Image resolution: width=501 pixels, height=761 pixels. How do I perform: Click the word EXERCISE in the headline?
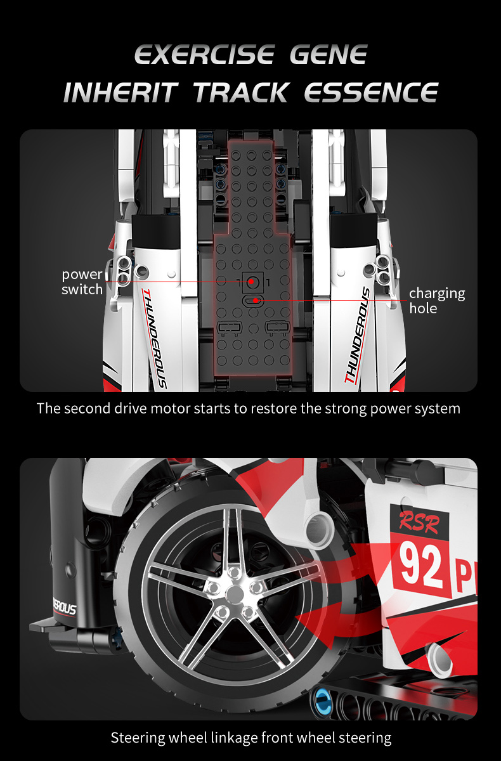point(204,55)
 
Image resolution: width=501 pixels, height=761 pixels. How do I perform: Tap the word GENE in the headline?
point(329,55)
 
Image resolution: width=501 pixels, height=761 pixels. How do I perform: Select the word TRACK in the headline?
point(242,92)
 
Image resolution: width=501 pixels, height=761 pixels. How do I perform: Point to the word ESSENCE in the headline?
point(371,92)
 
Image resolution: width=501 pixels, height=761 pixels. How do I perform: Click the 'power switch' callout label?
point(82,282)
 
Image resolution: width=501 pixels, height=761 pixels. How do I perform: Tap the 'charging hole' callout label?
point(437,301)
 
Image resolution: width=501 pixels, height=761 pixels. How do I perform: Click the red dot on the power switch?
point(251,282)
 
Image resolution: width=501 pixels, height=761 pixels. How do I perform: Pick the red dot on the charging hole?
point(256,301)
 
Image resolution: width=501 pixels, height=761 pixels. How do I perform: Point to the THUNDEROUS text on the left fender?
point(154,338)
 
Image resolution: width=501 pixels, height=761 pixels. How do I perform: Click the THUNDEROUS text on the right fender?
point(357,335)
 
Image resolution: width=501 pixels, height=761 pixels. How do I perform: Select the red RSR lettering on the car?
point(419,521)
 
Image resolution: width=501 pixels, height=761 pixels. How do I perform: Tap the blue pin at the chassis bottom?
point(322,701)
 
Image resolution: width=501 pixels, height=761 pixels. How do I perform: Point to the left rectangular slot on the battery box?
point(230,327)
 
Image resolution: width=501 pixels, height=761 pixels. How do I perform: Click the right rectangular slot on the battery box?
point(278,327)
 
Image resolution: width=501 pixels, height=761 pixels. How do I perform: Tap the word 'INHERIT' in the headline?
point(120,92)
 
